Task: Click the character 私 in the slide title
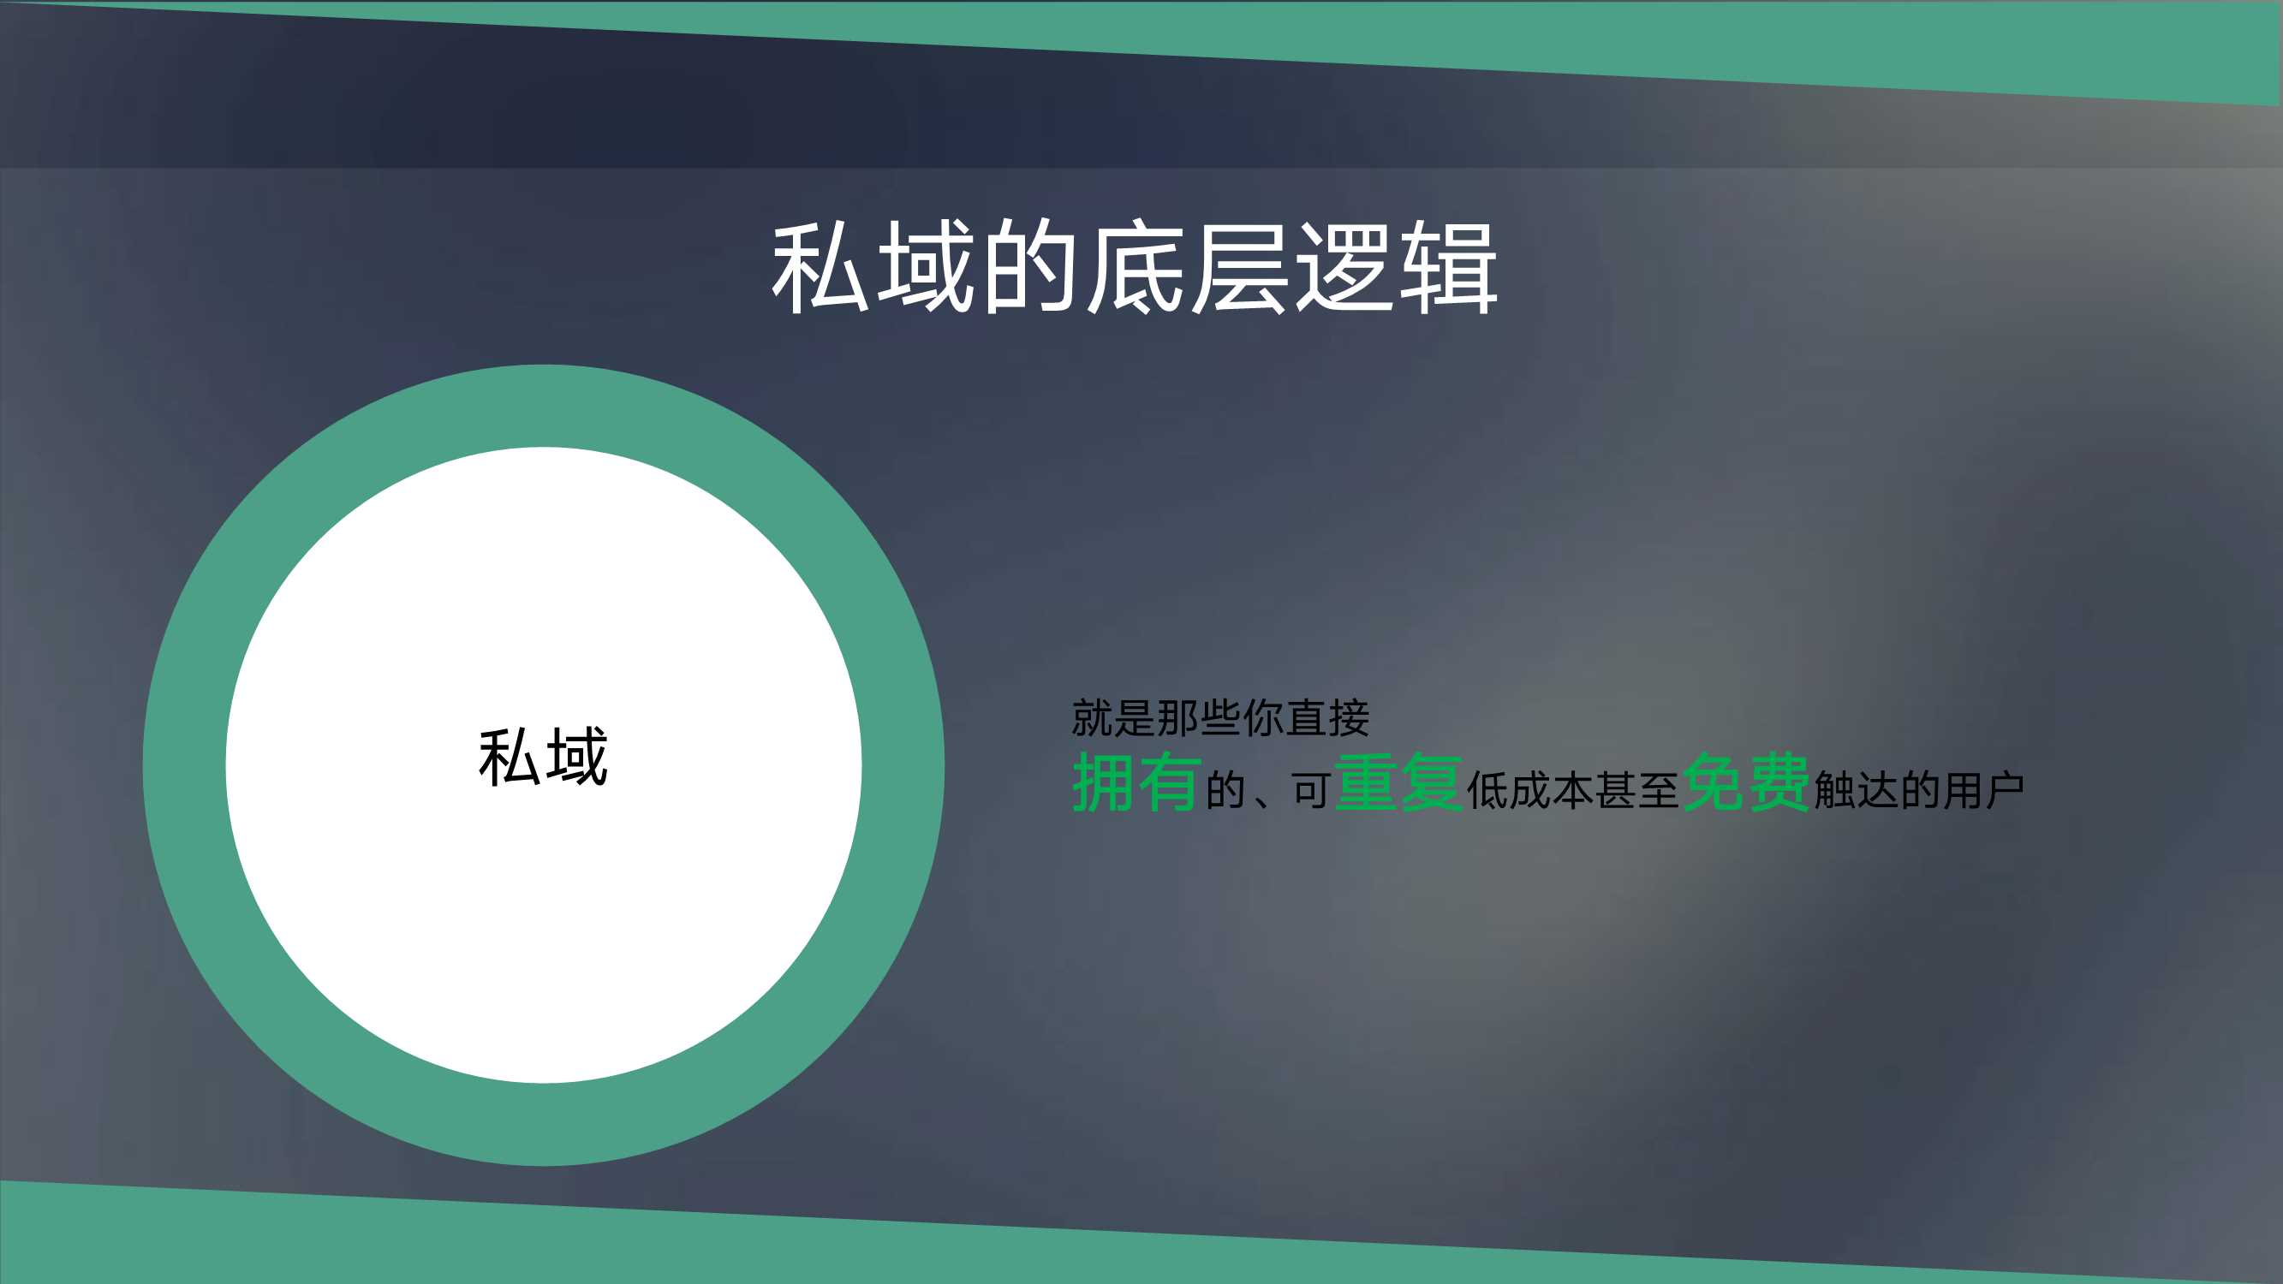tap(820, 267)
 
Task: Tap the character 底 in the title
tap(1136, 267)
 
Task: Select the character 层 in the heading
tap(1239, 267)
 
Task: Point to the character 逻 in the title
tap(1344, 267)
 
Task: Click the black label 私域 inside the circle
tap(543, 757)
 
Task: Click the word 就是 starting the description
tap(1114, 718)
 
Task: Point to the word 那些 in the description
tap(1199, 718)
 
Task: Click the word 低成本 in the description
tap(1529, 790)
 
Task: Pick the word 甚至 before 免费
tap(1637, 790)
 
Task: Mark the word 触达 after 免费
tap(1856, 790)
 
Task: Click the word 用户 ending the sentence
tap(1984, 790)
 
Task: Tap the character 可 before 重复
tap(1311, 790)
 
